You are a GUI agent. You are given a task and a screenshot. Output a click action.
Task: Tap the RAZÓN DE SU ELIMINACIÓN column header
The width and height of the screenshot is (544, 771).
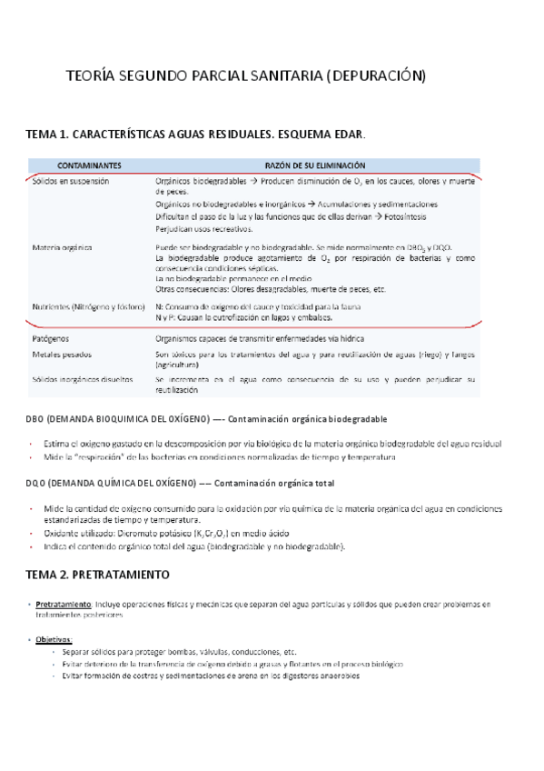point(315,165)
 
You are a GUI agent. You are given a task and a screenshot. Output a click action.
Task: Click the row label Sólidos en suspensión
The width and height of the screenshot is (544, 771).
point(70,181)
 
